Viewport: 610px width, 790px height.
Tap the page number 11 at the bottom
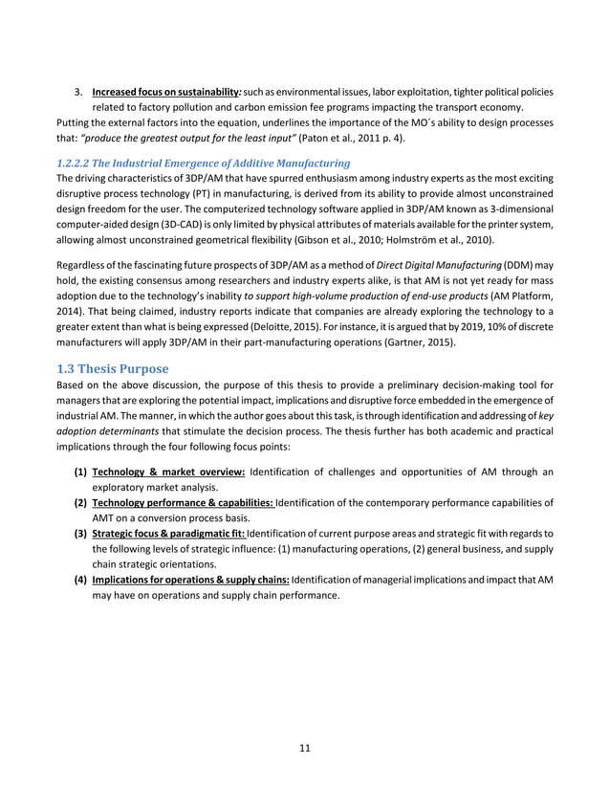(304, 747)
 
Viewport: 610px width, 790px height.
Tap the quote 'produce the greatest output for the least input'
(173, 138)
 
